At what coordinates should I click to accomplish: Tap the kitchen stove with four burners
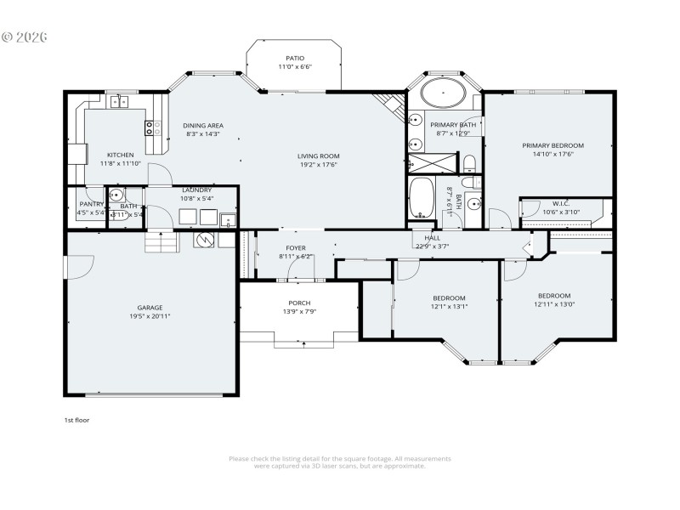click(x=154, y=128)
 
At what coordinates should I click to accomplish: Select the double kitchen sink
click(x=118, y=103)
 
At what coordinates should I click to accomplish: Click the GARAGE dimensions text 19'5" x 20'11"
click(x=150, y=316)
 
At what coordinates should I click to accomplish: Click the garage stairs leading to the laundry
click(x=161, y=243)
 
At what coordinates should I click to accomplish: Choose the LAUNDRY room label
click(x=196, y=190)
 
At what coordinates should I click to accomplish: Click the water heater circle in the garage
click(x=205, y=241)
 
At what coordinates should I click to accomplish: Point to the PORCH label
click(x=299, y=303)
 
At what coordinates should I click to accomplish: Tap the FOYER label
click(x=296, y=247)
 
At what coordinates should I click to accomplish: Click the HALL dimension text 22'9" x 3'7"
click(x=433, y=247)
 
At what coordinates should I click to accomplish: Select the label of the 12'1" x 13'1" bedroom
click(x=448, y=297)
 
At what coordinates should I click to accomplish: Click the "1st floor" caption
click(x=76, y=420)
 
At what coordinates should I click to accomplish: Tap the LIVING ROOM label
click(x=319, y=156)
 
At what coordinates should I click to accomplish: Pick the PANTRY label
click(x=91, y=204)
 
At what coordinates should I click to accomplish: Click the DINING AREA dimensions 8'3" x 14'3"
click(x=203, y=134)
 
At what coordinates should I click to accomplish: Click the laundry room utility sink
click(x=228, y=221)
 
